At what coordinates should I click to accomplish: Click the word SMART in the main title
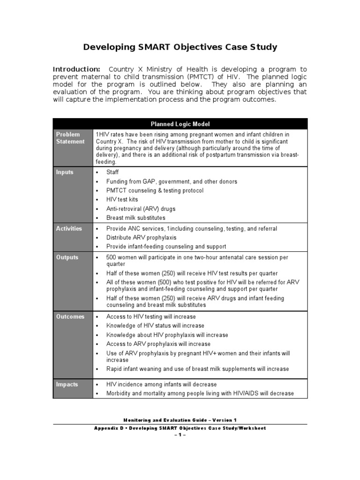point(156,47)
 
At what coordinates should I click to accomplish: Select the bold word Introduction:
point(76,69)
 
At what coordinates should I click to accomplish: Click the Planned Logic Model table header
point(180,124)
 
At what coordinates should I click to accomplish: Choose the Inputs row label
point(65,172)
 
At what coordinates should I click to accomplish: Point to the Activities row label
point(69,229)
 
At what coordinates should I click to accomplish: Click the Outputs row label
point(67,257)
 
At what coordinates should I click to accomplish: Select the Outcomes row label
point(70,317)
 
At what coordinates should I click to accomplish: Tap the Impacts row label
point(67,384)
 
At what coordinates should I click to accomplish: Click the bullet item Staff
point(112,172)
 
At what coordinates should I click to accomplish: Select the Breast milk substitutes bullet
point(135,218)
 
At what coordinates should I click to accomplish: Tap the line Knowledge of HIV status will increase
point(155,326)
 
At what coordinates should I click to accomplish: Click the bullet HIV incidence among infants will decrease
point(161,384)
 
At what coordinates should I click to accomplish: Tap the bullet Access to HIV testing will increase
point(151,317)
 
